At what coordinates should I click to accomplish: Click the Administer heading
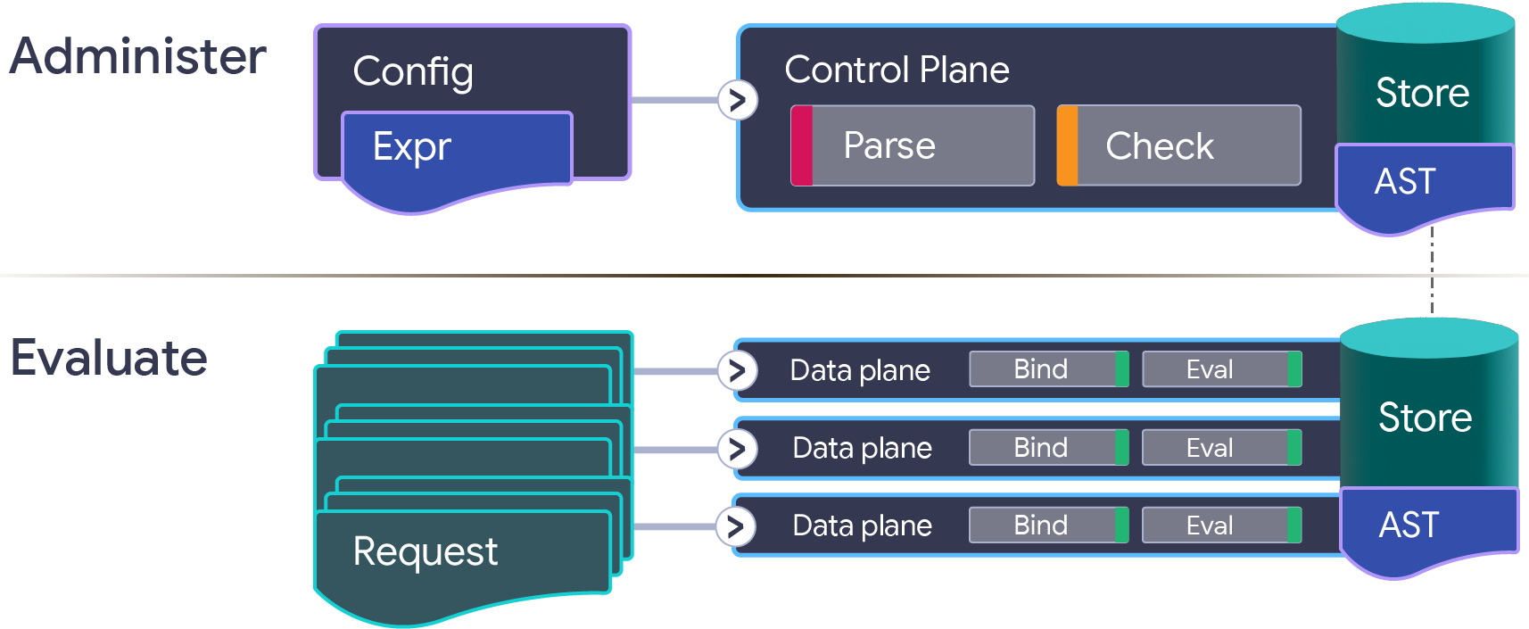click(x=138, y=56)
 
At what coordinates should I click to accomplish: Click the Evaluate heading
click(x=109, y=359)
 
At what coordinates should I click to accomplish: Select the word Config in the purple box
click(x=413, y=71)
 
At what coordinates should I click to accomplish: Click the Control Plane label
click(x=897, y=70)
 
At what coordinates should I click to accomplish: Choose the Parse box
click(x=913, y=145)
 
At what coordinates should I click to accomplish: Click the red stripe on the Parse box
click(x=802, y=145)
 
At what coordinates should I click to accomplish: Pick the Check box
click(x=1178, y=145)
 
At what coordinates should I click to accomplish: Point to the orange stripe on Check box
click(x=1067, y=145)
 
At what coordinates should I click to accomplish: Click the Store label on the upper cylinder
click(x=1422, y=93)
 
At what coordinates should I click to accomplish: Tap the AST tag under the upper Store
click(x=1406, y=182)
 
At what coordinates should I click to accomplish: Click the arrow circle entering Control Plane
click(x=738, y=100)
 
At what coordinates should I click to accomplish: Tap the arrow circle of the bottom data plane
click(x=736, y=526)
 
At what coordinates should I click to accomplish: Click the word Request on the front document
click(x=426, y=551)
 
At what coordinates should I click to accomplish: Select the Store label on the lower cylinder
click(x=1425, y=418)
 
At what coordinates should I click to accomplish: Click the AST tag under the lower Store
click(x=1409, y=525)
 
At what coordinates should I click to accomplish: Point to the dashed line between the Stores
click(x=1432, y=277)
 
